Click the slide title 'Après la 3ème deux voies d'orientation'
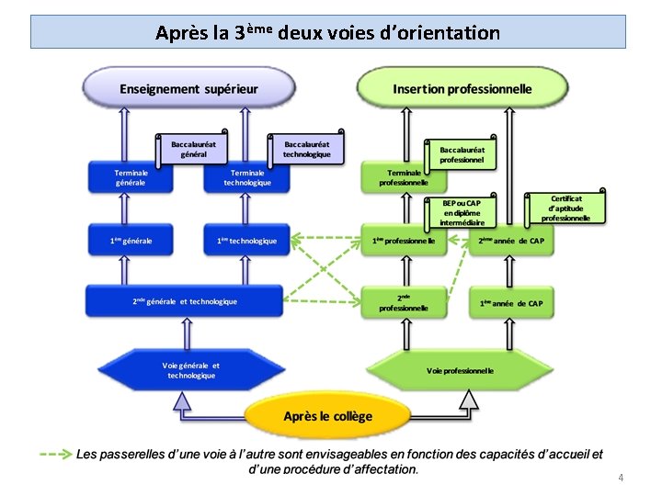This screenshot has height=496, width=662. pos(328,33)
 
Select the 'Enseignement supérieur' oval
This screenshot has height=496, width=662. pos(188,89)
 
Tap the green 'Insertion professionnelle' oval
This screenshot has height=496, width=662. pos(462,89)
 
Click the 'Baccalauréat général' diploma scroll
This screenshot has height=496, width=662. pos(194,149)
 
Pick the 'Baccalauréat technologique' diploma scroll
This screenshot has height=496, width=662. pos(307,149)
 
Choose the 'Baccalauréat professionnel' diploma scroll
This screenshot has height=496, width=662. pos(462,154)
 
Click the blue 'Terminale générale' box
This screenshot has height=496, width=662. pos(130,177)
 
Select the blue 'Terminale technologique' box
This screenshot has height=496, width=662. pos(247,177)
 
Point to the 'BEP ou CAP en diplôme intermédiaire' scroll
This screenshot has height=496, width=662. pos(462,212)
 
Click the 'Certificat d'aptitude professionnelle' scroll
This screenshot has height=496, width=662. pos(566,209)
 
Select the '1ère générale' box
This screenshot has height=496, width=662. pos(131,241)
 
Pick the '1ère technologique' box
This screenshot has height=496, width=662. pos(247,241)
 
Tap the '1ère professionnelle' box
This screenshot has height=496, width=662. pos(404,241)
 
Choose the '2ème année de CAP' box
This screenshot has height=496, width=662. pos(511,241)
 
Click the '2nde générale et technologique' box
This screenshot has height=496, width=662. pos(184,301)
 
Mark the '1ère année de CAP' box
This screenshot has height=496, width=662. pos(511,303)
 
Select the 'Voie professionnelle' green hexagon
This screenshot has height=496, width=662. pos(460,371)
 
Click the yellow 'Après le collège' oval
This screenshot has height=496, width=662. pos(328,416)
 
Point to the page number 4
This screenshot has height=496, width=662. pos(621,478)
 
